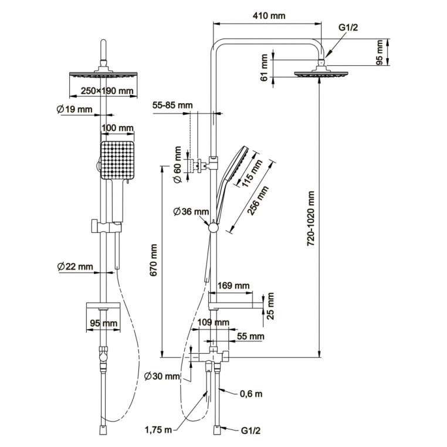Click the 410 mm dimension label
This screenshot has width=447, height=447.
tap(270, 16)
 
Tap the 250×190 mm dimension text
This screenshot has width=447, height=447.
tap(106, 91)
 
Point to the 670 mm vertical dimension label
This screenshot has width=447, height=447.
tap(154, 261)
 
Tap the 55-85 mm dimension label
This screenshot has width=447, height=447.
tap(172, 105)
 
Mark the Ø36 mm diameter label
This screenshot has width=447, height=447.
tap(191, 211)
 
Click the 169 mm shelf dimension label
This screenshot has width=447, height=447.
tap(233, 286)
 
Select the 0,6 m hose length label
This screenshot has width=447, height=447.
tap(250, 393)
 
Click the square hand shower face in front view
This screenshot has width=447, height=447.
tap(118, 161)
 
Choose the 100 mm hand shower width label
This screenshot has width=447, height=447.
tap(117, 128)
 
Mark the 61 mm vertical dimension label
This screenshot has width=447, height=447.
tap(265, 67)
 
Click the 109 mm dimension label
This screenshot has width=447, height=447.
tap(214, 322)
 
